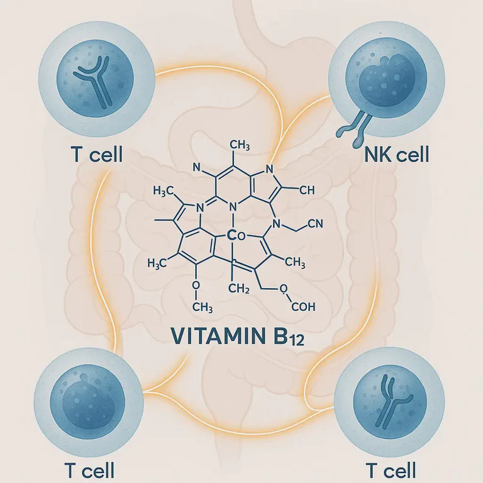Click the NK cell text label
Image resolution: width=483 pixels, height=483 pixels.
396,154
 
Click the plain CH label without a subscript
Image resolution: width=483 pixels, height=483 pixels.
304,189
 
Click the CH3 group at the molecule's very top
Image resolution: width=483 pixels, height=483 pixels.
240,146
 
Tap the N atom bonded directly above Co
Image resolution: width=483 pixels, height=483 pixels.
233,206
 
